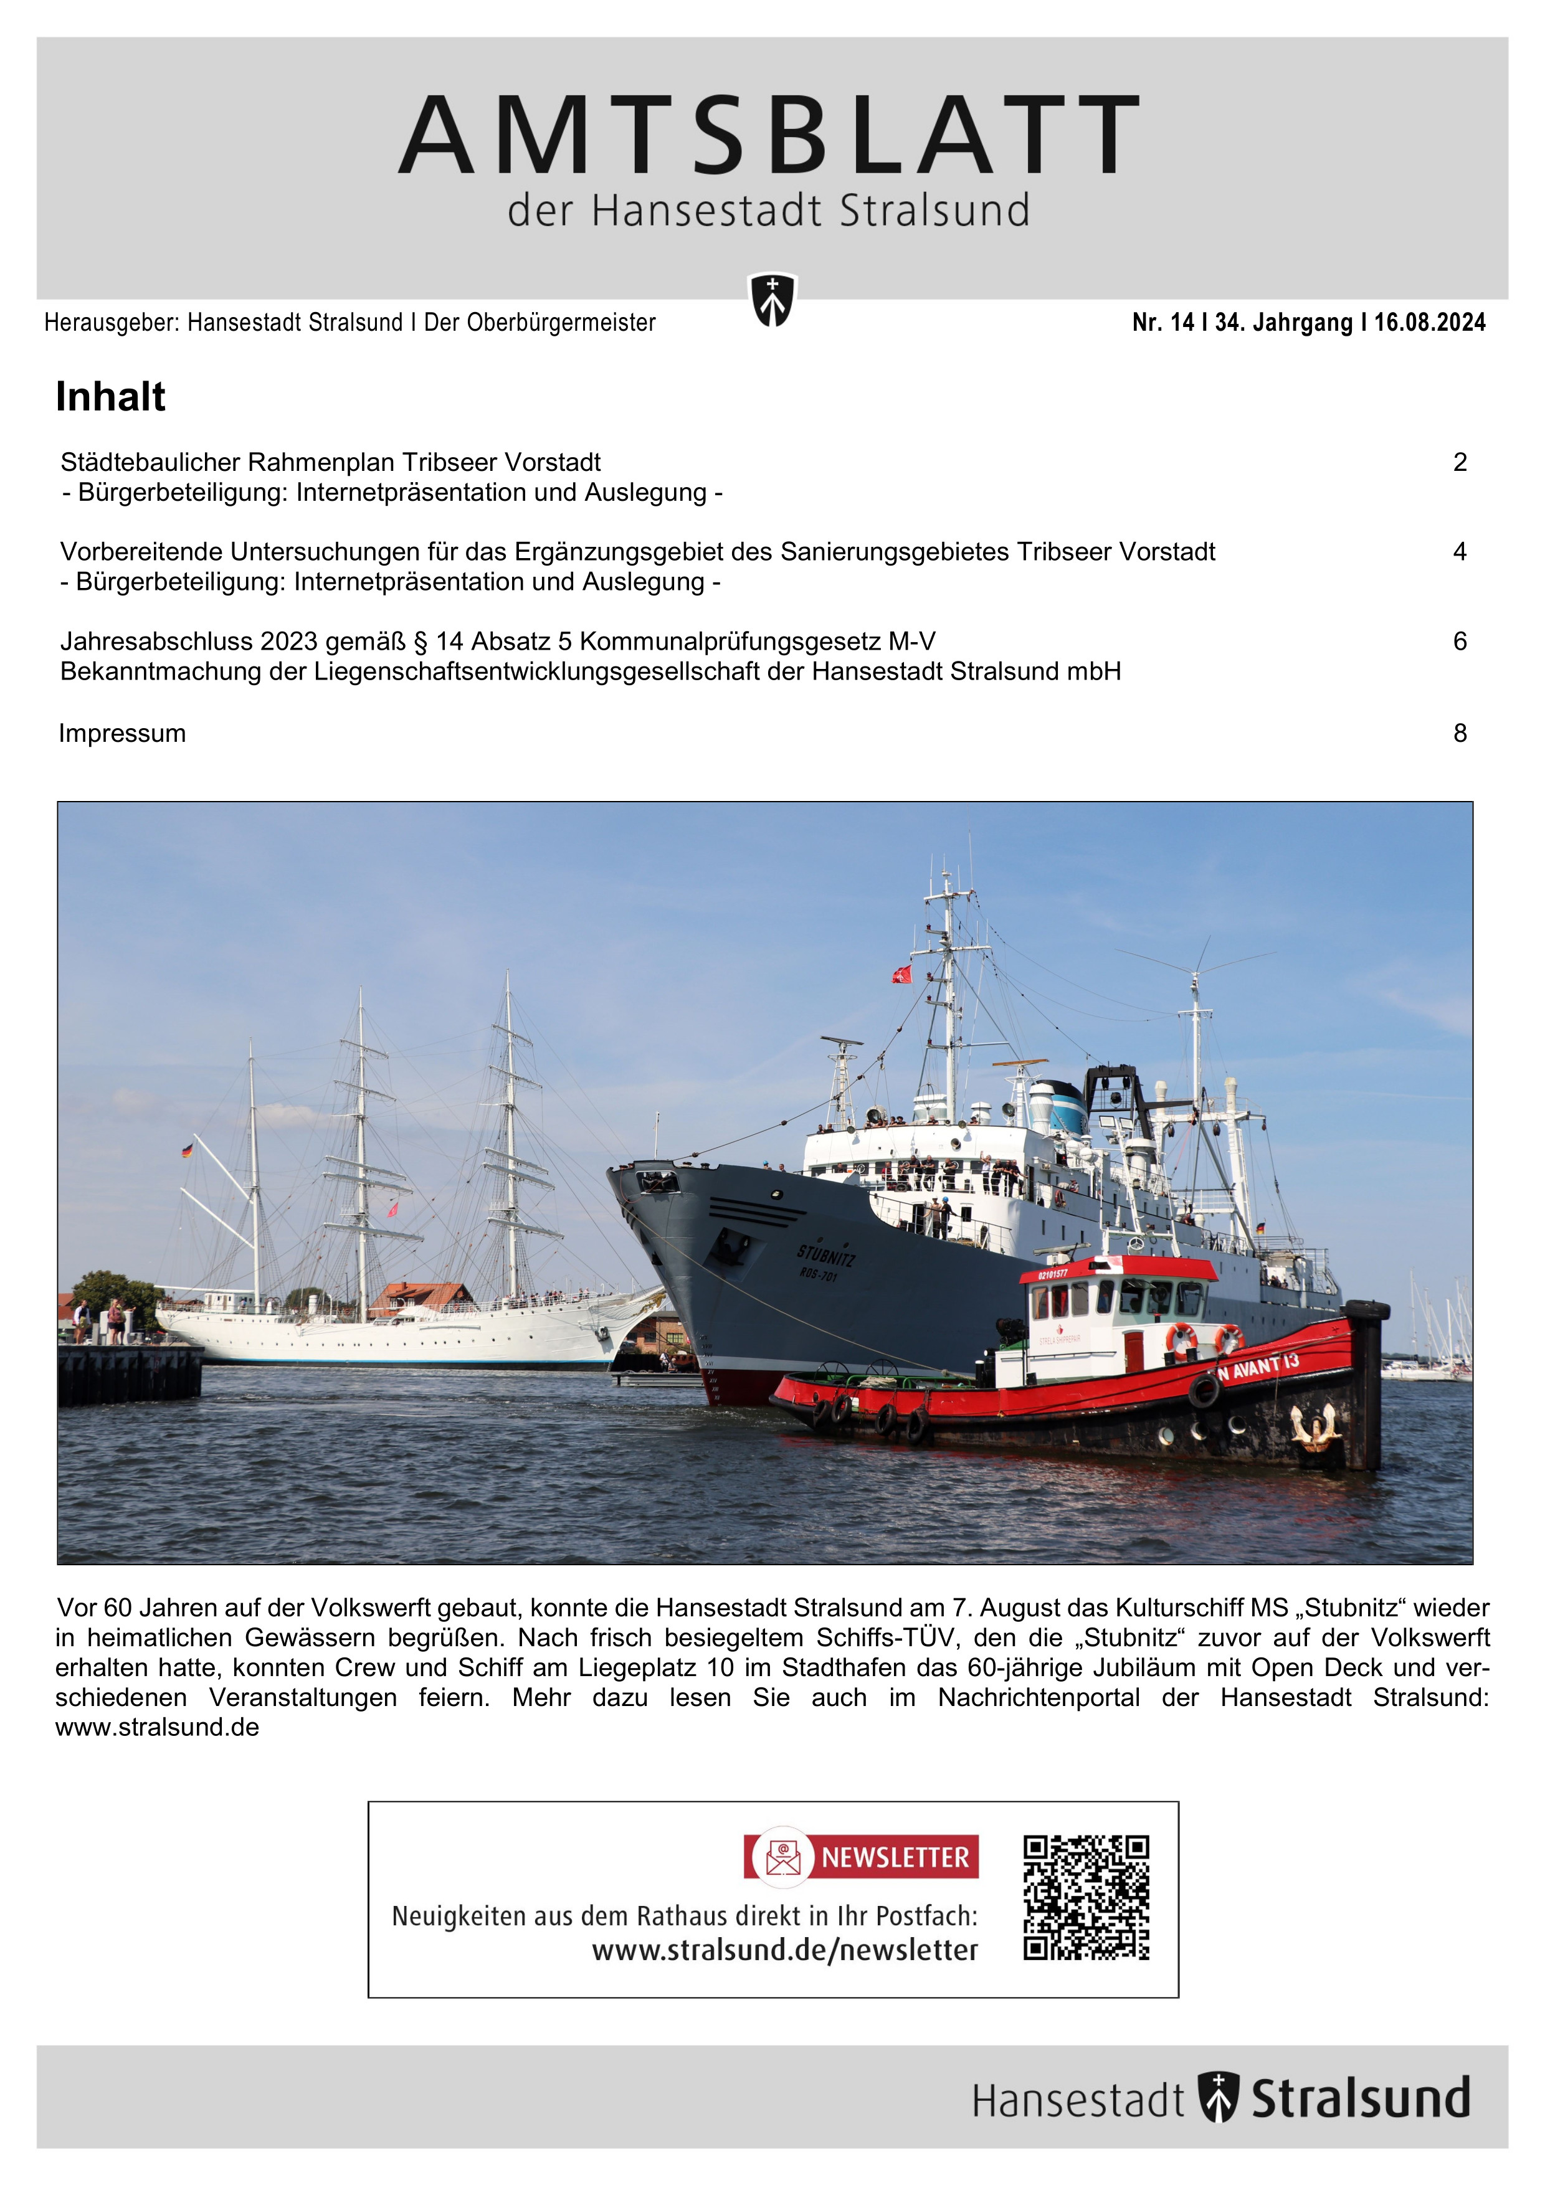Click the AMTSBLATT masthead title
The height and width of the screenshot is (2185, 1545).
tap(769, 136)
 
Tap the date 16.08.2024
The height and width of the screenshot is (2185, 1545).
tap(1429, 323)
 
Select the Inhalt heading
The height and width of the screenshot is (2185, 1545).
tap(110, 397)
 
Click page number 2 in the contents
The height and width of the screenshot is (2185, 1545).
tap(1459, 463)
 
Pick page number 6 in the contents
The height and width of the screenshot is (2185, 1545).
tap(1459, 642)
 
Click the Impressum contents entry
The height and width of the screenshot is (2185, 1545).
tap(122, 734)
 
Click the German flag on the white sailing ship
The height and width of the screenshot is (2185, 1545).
tap(186, 1150)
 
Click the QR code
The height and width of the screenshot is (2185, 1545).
tap(1086, 1897)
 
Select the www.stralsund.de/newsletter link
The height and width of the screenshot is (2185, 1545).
tap(784, 1950)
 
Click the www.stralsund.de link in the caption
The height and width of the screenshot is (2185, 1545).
tap(157, 1727)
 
